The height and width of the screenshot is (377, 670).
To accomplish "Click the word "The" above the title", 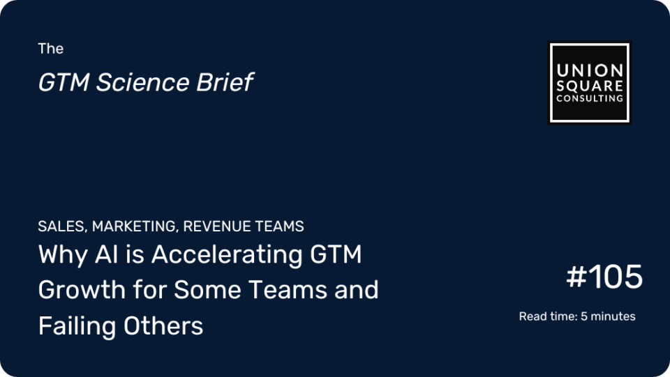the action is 50,48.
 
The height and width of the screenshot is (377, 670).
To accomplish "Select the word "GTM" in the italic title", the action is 64,82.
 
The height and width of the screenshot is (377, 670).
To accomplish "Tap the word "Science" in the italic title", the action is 142,82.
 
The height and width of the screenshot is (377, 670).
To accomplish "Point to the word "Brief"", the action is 225,82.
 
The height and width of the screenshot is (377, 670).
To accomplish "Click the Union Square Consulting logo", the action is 589,83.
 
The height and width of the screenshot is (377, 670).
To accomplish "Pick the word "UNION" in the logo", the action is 590,70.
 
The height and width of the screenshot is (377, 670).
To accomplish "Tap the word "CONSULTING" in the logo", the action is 590,98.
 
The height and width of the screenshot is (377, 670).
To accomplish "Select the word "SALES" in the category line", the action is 62,226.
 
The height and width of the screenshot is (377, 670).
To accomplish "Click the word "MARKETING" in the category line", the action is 134,226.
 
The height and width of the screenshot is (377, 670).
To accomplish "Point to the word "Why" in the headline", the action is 63,254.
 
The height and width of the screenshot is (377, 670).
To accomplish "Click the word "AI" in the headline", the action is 106,254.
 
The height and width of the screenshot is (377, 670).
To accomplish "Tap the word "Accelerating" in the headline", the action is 227,254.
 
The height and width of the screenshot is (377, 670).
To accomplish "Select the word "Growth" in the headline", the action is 82,290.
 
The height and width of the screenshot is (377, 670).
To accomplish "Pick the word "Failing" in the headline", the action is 77,326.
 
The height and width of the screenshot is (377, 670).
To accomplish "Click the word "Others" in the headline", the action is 163,326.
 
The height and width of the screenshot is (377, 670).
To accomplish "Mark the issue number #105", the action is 604,277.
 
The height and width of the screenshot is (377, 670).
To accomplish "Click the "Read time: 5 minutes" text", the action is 577,316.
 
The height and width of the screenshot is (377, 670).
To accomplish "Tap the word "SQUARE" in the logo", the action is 590,86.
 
